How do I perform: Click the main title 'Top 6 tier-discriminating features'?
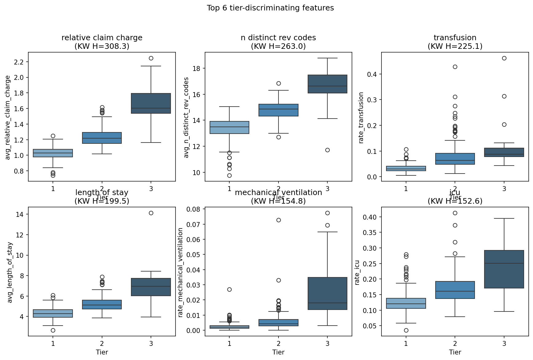pos(270,8)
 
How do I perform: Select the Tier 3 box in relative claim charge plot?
pos(151,103)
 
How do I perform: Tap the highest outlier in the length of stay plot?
pos(151,213)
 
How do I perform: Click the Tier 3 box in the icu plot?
pos(504,269)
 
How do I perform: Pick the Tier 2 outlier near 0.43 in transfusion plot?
pos(455,67)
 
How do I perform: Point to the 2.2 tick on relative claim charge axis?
pos(18,62)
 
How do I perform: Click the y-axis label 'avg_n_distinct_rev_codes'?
pos(186,118)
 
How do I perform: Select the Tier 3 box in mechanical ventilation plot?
pos(327,293)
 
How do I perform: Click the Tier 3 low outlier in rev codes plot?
pos(327,150)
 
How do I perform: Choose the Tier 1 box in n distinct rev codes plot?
pos(229,127)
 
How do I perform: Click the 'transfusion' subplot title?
pos(455,38)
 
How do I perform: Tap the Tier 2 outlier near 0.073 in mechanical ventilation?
pos(278,220)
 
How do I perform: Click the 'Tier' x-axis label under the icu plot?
pos(455,352)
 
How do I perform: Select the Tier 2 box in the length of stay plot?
pos(102,304)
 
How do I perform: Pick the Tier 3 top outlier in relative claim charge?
pos(151,58)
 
